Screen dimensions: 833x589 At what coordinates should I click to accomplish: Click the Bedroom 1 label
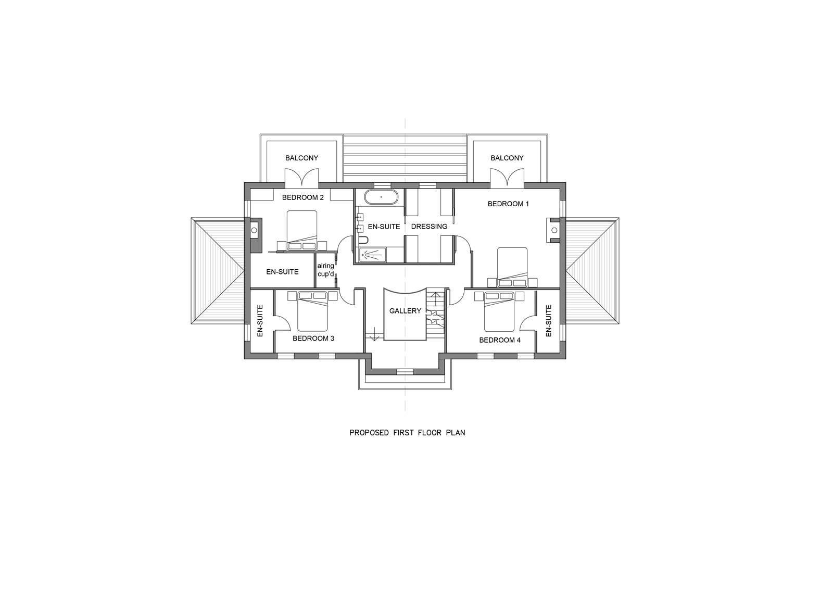coord(508,204)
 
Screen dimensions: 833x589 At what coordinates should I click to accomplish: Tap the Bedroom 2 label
coord(302,197)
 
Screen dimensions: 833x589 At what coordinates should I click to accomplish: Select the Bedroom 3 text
coord(313,338)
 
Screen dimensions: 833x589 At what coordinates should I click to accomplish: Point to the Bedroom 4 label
coord(500,340)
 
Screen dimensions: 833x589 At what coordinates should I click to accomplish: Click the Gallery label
coord(405,311)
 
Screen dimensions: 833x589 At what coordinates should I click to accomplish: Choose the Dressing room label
coord(429,226)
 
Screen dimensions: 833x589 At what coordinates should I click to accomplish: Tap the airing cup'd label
coord(325,270)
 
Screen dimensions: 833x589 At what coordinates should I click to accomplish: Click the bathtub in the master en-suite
coord(381,196)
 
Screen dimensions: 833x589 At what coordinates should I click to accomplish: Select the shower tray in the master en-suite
coord(373,255)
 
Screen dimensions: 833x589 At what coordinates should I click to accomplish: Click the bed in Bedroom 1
coord(512,267)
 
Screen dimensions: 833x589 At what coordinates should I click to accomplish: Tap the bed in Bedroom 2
coord(302,230)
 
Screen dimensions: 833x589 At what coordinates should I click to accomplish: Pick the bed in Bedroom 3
coord(312,311)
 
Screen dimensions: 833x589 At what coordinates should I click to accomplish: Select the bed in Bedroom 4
coord(499,311)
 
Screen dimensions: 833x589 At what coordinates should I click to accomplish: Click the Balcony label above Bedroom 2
coord(301,158)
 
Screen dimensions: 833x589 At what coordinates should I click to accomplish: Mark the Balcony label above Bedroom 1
coord(507,158)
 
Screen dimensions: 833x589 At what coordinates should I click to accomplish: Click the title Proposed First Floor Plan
coord(407,433)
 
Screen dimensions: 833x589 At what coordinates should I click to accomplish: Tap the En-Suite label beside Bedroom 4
coord(549,321)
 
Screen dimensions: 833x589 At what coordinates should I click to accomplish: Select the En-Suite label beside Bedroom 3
coord(260,321)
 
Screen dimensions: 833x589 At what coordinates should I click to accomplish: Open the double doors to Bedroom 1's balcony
coord(507,177)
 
